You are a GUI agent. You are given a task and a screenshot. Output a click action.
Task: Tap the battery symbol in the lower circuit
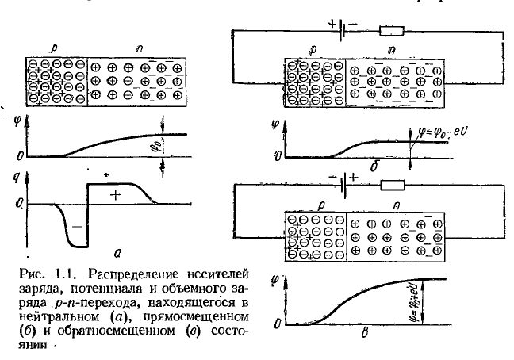pos(342,185)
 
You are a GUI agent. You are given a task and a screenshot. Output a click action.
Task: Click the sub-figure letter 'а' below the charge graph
pos(117,253)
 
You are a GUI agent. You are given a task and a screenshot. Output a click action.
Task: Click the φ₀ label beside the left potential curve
pos(154,146)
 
